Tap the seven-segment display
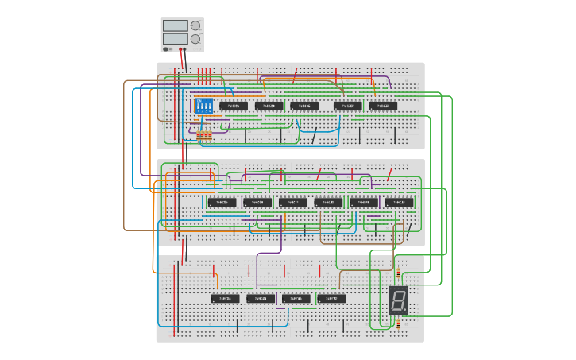click(399, 300)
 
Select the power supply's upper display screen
click(176, 25)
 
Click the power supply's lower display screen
click(176, 38)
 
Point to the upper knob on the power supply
click(195, 25)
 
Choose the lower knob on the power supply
click(195, 38)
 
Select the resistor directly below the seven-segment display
click(398, 323)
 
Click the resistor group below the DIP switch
click(205, 136)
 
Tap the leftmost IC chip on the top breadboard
click(234, 106)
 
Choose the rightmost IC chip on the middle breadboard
click(400, 202)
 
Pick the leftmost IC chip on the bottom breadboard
click(226, 299)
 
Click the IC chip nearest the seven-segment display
click(331, 299)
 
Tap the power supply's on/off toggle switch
click(167, 48)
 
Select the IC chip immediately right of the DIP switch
click(234, 106)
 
